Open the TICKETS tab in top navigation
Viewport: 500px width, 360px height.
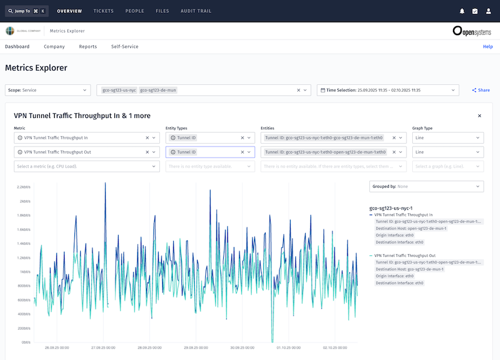tap(103, 11)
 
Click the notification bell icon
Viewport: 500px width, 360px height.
tap(462, 11)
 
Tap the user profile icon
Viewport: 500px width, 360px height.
tap(488, 11)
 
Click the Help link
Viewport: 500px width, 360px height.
tap(488, 47)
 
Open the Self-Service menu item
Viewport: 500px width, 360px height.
tap(124, 47)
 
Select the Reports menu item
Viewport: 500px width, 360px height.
tap(88, 47)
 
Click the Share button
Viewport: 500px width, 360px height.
tap(481, 90)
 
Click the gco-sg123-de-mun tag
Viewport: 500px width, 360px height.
tap(158, 90)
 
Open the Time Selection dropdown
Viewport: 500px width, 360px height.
tap(388, 90)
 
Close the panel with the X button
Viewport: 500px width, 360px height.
tap(480, 116)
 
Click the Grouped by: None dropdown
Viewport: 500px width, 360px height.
tap(426, 187)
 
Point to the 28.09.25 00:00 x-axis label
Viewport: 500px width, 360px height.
tap(149, 348)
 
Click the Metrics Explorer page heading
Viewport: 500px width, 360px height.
tap(36, 68)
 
